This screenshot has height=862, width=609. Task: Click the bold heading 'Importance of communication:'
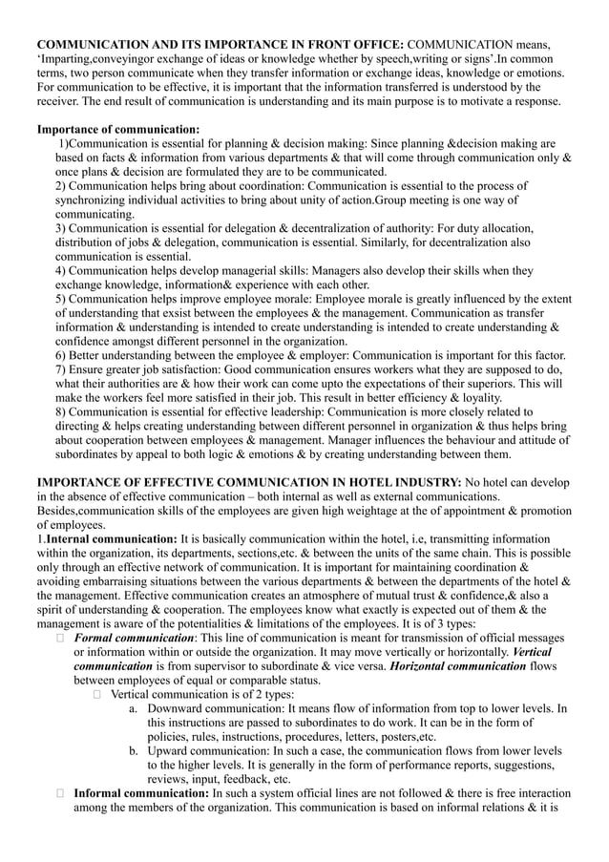tap(117, 129)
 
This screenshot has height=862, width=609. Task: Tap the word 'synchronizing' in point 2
tap(92, 200)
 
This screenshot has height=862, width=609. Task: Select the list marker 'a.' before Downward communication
tap(135, 709)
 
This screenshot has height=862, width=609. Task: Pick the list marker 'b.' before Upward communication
tap(135, 751)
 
